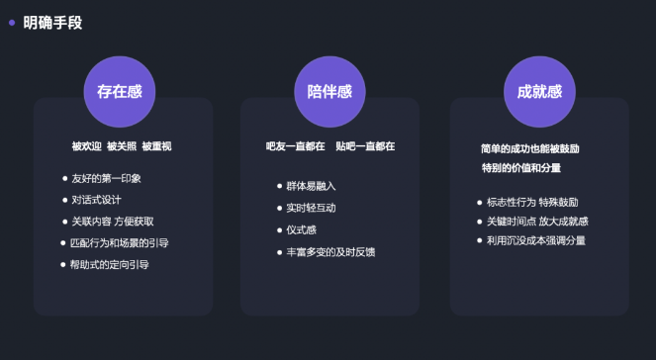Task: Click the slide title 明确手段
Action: point(52,22)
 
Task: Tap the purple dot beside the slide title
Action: point(12,21)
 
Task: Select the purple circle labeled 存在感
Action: point(120,92)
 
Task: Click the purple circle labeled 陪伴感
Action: point(329,92)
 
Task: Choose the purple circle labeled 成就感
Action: point(539,92)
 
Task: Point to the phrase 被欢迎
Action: point(85,146)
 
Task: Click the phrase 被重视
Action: point(156,146)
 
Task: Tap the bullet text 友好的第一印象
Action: point(106,178)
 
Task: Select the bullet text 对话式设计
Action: point(96,200)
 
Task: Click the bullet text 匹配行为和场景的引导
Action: point(120,242)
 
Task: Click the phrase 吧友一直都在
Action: point(295,146)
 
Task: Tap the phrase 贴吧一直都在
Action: point(365,146)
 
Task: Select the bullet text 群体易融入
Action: point(312,186)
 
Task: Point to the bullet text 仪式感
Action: point(301,229)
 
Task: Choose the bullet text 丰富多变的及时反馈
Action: point(330,252)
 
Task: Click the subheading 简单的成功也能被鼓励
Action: point(529,148)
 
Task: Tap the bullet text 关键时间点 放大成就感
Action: point(537,221)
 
